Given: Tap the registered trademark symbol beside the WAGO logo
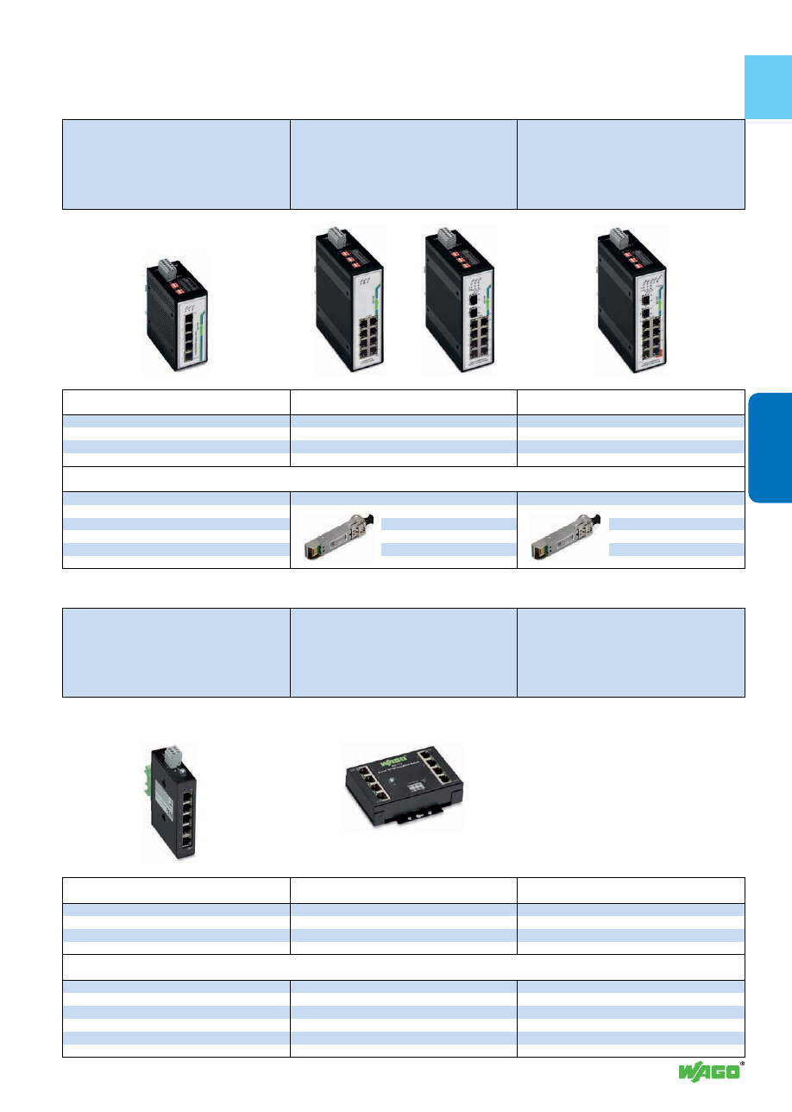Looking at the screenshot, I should point(742,1065).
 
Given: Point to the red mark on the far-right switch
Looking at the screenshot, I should point(662,354).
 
